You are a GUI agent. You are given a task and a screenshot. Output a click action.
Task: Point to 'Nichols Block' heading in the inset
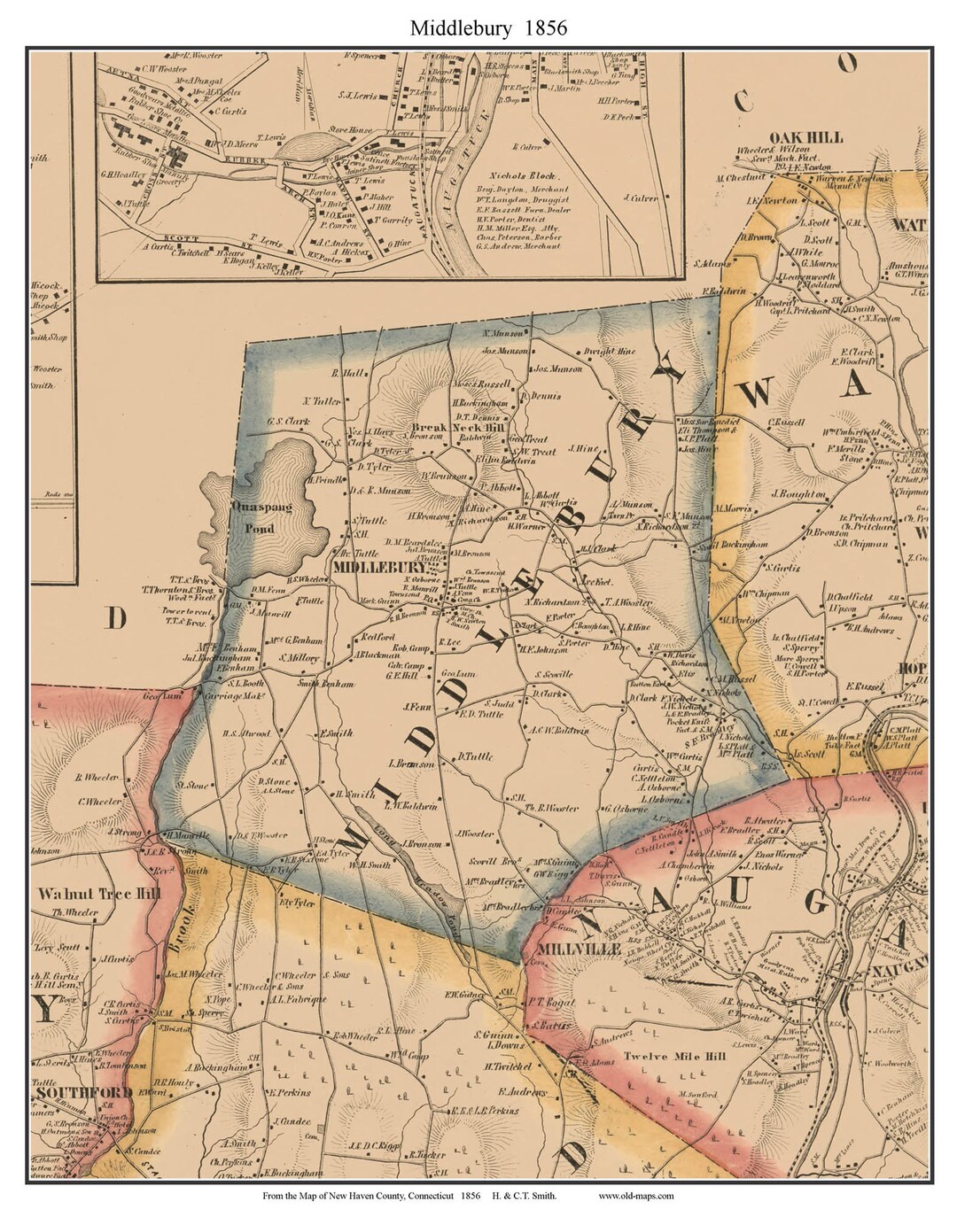(x=517, y=175)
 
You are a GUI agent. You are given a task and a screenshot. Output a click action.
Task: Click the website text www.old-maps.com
(x=636, y=1196)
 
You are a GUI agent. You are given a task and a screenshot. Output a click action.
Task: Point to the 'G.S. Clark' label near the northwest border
(x=289, y=422)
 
